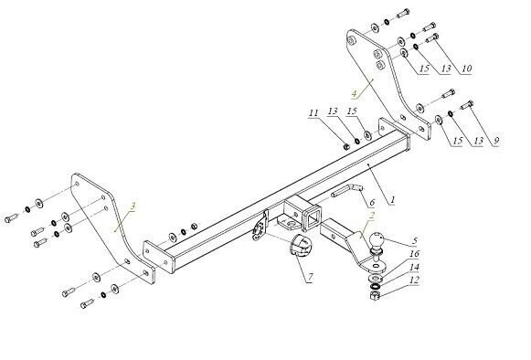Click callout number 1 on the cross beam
(x=391, y=197)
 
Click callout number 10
(x=466, y=69)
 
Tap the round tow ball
(x=379, y=243)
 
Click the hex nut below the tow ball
(x=374, y=298)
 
